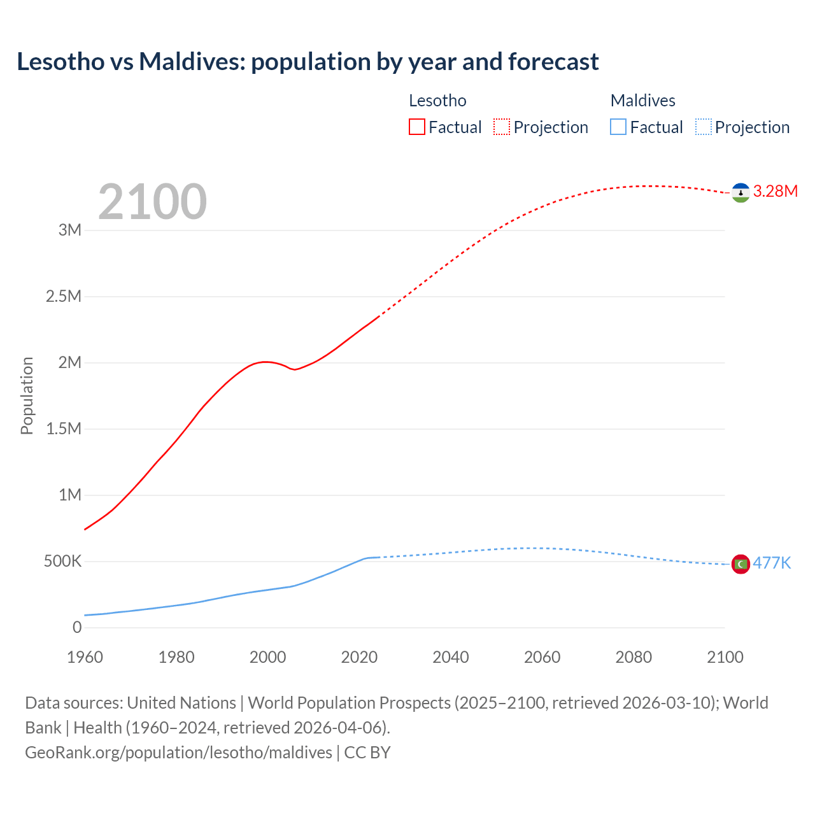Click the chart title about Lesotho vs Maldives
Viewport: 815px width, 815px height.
tap(308, 62)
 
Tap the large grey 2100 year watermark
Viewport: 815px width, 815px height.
tap(152, 202)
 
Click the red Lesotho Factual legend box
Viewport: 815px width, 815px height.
tap(416, 127)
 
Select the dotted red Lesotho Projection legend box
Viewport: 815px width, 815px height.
tap(502, 127)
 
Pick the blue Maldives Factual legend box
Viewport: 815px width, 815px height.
tap(618, 127)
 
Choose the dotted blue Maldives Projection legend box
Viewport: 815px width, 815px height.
tap(703, 127)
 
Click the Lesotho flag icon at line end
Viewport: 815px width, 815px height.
tap(740, 192)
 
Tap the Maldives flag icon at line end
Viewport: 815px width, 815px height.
tap(740, 564)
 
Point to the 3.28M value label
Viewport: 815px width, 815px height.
tap(775, 191)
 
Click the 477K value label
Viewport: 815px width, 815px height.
tap(772, 563)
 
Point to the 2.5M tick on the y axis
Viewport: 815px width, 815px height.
tap(64, 296)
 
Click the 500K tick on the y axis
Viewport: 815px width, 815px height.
tap(62, 562)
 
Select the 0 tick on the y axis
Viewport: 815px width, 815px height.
tap(77, 627)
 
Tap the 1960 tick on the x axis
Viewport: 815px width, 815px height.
tap(85, 657)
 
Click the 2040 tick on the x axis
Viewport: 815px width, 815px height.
tap(451, 657)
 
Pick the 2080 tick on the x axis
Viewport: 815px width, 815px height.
tap(634, 657)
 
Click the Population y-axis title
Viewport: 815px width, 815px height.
tap(27, 395)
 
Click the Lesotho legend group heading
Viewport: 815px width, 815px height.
tap(437, 101)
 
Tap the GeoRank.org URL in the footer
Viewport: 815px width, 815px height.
tap(178, 753)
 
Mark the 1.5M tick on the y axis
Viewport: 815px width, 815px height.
tap(64, 429)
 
